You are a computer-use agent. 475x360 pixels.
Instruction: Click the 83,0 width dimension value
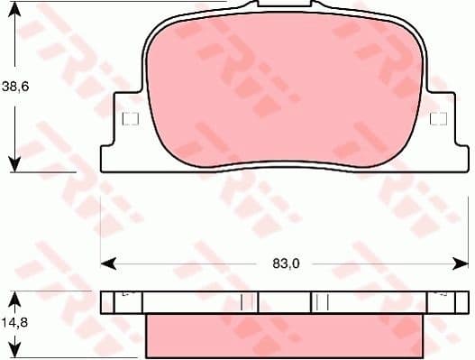tap(285, 263)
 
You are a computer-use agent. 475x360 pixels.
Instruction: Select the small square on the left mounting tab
tap(128, 119)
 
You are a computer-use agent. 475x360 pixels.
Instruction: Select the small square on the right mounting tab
tap(439, 119)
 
